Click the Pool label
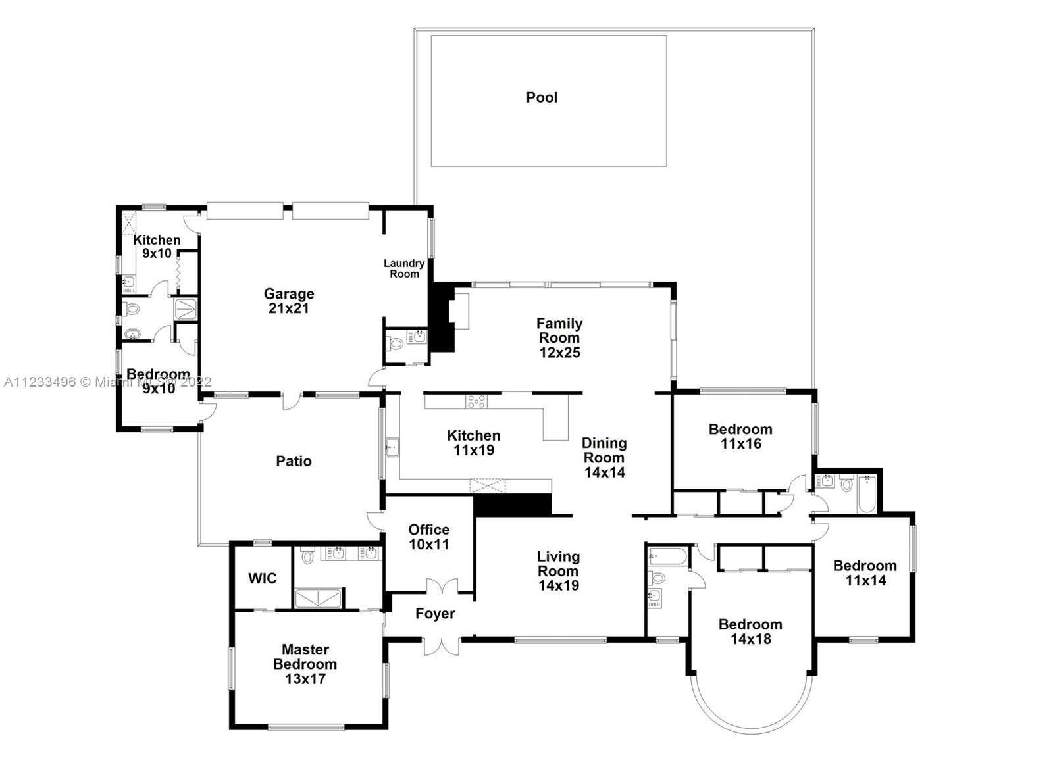coord(542,97)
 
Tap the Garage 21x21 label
coord(289,301)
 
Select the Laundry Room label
coord(404,268)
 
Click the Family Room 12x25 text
coord(559,338)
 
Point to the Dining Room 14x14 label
coord(605,457)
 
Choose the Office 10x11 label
coord(428,537)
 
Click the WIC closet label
coord(263,578)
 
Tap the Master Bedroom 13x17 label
coord(305,664)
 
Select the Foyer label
coord(435,613)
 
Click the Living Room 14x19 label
coord(559,571)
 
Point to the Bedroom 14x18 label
coord(750,631)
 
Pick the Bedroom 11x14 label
coord(865,573)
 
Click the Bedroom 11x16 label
coord(741,436)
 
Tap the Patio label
coord(294,461)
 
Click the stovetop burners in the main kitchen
coord(476,401)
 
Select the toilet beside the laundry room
coord(396,344)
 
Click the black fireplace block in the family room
coord(442,316)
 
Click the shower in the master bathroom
coord(318,598)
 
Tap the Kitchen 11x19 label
coord(473,443)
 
